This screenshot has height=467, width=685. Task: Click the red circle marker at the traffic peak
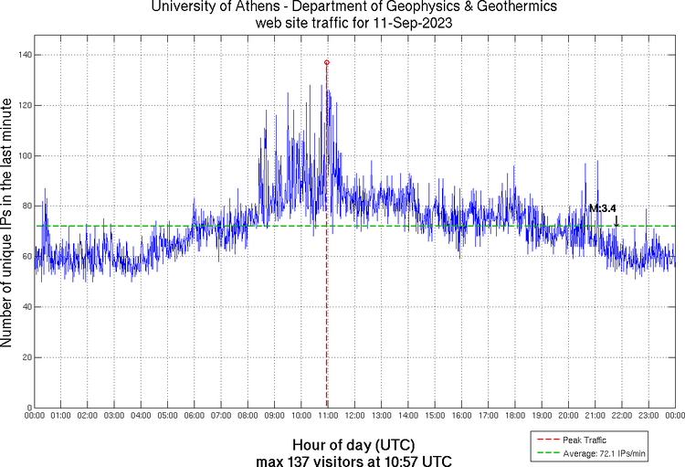[x=327, y=62]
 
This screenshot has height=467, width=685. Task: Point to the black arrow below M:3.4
[x=616, y=221]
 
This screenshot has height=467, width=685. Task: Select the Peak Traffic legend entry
[x=585, y=440]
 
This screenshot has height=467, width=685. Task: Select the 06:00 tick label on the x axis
[x=195, y=416]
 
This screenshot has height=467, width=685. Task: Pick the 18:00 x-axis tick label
[x=515, y=416]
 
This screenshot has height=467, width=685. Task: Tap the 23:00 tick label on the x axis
[x=648, y=416]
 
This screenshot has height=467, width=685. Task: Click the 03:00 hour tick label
[x=114, y=416]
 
